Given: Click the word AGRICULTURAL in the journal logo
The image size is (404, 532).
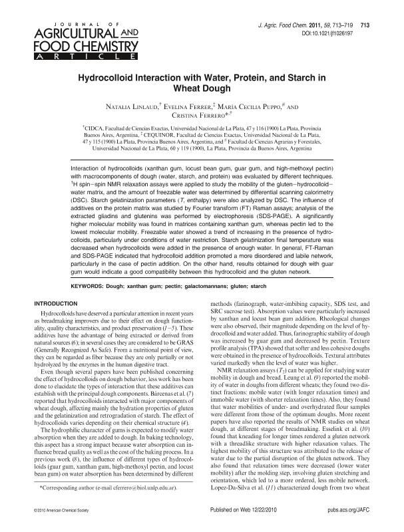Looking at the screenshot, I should pyautogui.click(x=63, y=31).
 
